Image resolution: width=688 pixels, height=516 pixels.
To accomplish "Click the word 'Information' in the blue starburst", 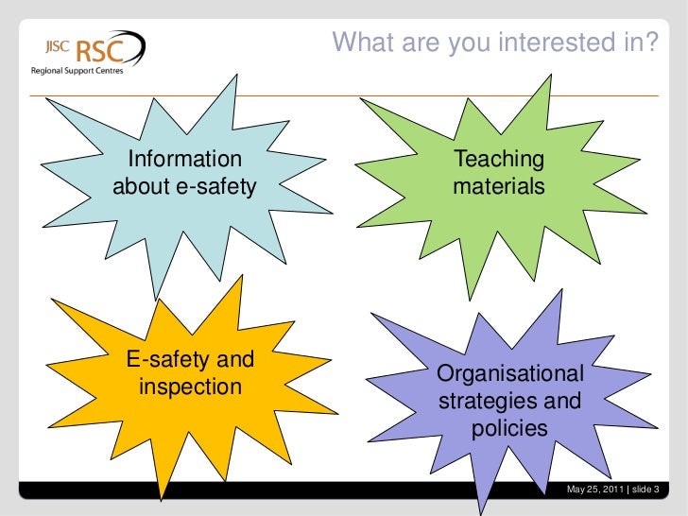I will point(184,159).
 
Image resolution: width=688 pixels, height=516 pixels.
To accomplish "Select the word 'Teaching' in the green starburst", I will point(499,159).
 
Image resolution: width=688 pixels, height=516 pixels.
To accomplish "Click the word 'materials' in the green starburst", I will point(499,186).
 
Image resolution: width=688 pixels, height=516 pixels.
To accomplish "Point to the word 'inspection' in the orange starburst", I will point(190,387).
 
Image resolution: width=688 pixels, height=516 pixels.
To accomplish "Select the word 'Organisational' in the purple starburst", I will point(509,374).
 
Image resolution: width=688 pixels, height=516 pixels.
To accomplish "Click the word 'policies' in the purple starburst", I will point(509,428).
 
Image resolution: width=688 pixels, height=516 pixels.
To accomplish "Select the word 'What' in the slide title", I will point(363,42).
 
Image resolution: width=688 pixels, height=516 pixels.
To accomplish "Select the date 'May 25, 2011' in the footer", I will point(594,489).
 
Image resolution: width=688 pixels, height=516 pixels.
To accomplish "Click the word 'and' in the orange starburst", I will point(235,359).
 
